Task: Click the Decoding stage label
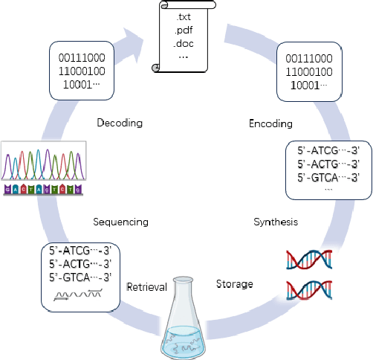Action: pos(120,123)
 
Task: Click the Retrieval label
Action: pos(147,286)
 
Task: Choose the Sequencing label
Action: pos(120,222)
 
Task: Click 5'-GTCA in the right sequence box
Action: pos(327,177)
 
